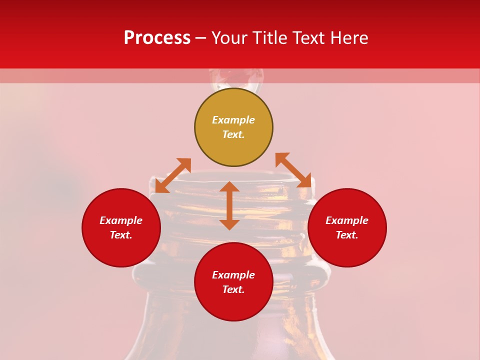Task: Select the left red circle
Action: [x=121, y=227]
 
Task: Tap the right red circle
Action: [x=347, y=227]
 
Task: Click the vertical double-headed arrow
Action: [x=229, y=205]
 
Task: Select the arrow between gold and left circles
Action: [x=173, y=175]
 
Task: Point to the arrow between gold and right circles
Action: [x=293, y=170]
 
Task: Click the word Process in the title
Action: [x=157, y=38]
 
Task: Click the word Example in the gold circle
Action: [x=233, y=120]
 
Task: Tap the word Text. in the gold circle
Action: [x=233, y=134]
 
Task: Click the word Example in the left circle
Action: [x=121, y=220]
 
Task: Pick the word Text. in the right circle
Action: [x=347, y=235]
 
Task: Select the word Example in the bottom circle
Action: [x=233, y=275]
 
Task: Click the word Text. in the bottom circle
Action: [x=233, y=289]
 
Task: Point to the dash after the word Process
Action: [x=201, y=38]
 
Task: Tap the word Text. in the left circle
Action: [x=121, y=235]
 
